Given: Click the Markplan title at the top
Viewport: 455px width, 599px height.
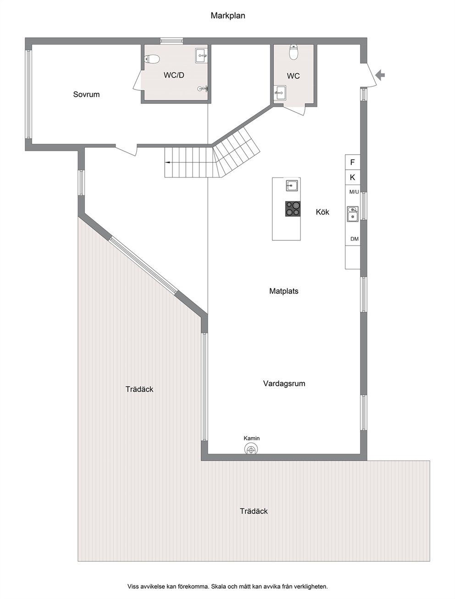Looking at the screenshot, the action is (x=228, y=16).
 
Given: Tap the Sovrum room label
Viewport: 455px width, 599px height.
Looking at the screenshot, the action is (x=86, y=94).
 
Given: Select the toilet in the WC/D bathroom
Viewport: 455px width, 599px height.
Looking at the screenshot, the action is (x=152, y=59).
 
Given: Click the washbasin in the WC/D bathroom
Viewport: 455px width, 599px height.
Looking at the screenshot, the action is (x=202, y=55).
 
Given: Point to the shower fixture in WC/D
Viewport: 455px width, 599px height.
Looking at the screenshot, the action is (x=203, y=89).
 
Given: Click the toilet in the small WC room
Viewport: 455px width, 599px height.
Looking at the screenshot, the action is (x=294, y=52).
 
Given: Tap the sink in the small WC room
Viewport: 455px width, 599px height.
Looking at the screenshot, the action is (x=280, y=93).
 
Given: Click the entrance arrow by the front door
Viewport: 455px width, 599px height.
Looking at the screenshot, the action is (x=380, y=75).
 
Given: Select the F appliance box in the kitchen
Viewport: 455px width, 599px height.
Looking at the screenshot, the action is (x=352, y=162).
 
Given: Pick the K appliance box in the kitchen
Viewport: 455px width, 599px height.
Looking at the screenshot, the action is (x=352, y=177).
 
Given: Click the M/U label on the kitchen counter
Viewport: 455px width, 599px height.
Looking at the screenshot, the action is (x=354, y=192).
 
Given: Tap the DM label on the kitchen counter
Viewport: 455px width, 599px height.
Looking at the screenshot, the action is (x=355, y=239).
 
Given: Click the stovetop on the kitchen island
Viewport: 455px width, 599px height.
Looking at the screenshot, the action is (x=293, y=209).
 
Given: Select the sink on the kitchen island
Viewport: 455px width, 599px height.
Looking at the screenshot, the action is (x=292, y=186).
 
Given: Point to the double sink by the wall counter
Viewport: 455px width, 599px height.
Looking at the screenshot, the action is (x=353, y=214).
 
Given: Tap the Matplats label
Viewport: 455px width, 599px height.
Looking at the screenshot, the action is (x=284, y=291).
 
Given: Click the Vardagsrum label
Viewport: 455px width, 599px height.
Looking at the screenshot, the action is (x=284, y=384).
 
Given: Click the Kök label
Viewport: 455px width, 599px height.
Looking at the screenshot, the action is (x=322, y=212).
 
